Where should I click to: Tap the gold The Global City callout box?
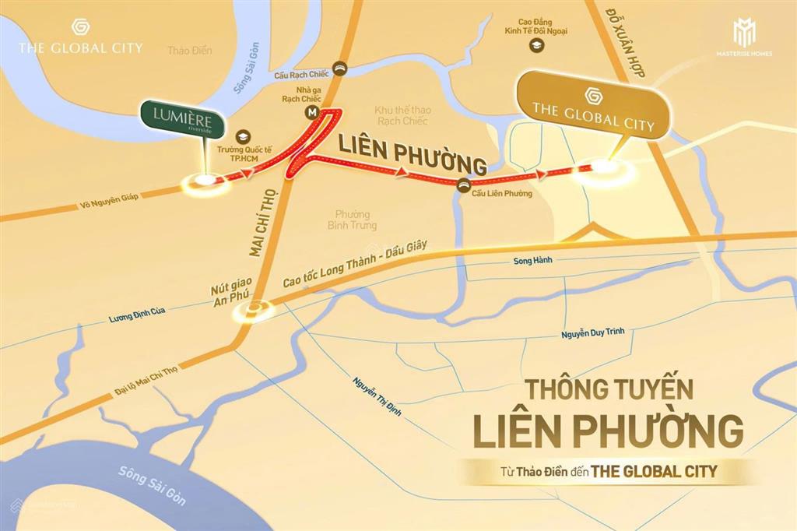(592, 105)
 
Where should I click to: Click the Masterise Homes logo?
(746, 39)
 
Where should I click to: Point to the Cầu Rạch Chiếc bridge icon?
(340, 68)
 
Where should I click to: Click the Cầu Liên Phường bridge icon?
(464, 184)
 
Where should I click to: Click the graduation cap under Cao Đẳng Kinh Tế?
(535, 47)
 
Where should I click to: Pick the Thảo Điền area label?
(189, 51)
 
